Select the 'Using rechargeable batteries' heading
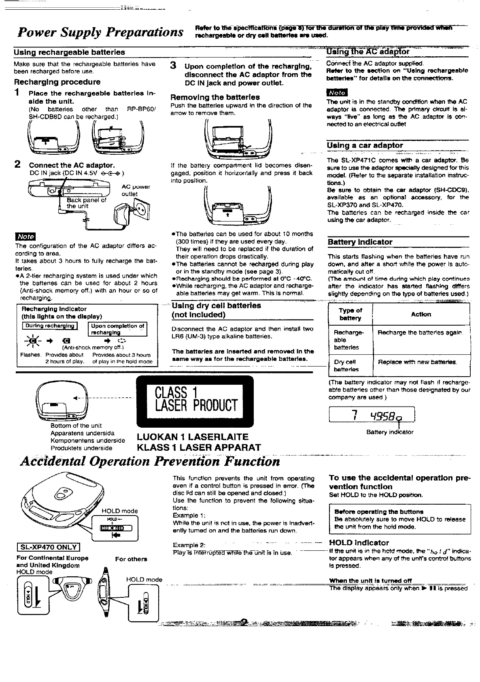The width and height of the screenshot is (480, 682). pyautogui.click(x=69, y=52)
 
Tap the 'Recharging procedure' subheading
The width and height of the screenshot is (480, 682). pyautogui.click(x=57, y=82)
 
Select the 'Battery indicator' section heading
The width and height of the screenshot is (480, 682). pyautogui.click(x=360, y=242)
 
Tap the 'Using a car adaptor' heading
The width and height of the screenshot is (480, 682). pyautogui.click(x=365, y=145)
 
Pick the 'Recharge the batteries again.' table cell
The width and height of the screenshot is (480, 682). pyautogui.click(x=420, y=332)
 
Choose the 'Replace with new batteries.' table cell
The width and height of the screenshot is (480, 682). pyautogui.click(x=417, y=362)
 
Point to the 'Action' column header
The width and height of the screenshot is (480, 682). pyautogui.click(x=421, y=314)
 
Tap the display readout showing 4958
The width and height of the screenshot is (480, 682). pyautogui.click(x=372, y=415)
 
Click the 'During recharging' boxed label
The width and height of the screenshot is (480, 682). pyautogui.click(x=50, y=326)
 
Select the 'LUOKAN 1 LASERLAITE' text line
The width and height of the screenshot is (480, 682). pyautogui.click(x=193, y=437)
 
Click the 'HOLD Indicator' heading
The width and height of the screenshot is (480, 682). pyautogui.click(x=359, y=543)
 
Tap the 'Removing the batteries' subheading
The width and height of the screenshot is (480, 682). pyautogui.click(x=215, y=97)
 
